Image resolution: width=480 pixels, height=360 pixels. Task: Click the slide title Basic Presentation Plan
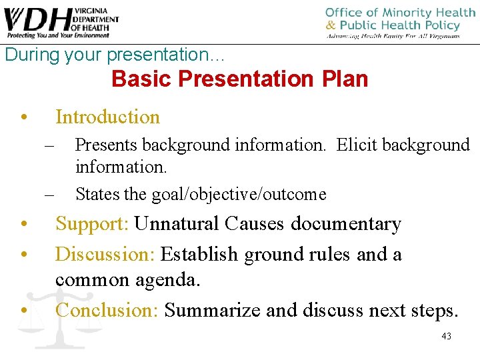pyautogui.click(x=240, y=79)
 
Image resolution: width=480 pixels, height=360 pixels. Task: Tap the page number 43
pyautogui.click(x=446, y=336)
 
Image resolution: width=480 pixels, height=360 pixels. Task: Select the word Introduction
pyautogui.click(x=107, y=117)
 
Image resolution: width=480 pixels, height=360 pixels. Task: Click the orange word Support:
pyautogui.click(x=93, y=223)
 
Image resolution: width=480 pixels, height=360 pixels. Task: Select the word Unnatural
pyautogui.click(x=177, y=223)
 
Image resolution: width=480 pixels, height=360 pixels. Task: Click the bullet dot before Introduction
pyautogui.click(x=24, y=117)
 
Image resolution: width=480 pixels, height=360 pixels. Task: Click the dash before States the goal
pyautogui.click(x=49, y=195)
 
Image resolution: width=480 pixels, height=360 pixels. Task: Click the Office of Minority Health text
pyautogui.click(x=400, y=13)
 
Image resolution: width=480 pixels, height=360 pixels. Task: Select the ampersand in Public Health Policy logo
pyautogui.click(x=331, y=25)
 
